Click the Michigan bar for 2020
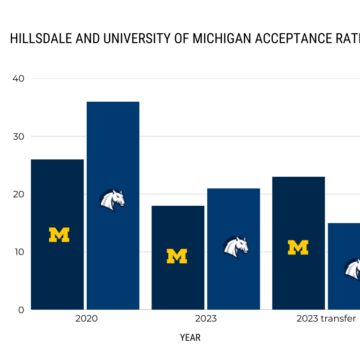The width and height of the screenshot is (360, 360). coord(58,234)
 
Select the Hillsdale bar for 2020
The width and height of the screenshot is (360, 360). coord(113,205)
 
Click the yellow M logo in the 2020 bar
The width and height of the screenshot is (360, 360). coord(59,235)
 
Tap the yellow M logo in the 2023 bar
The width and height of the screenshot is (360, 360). coord(177,256)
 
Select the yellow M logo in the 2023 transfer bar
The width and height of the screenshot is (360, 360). coord(298,247)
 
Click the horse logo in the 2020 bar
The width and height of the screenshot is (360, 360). coord(113,201)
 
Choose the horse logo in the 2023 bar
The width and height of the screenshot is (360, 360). coord(235,246)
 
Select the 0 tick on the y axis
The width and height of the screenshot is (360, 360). coord(21,310)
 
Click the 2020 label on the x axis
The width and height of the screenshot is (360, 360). coord(86,320)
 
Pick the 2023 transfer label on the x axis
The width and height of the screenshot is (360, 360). coord(327,320)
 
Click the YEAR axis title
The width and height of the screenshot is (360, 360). coord(190,338)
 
